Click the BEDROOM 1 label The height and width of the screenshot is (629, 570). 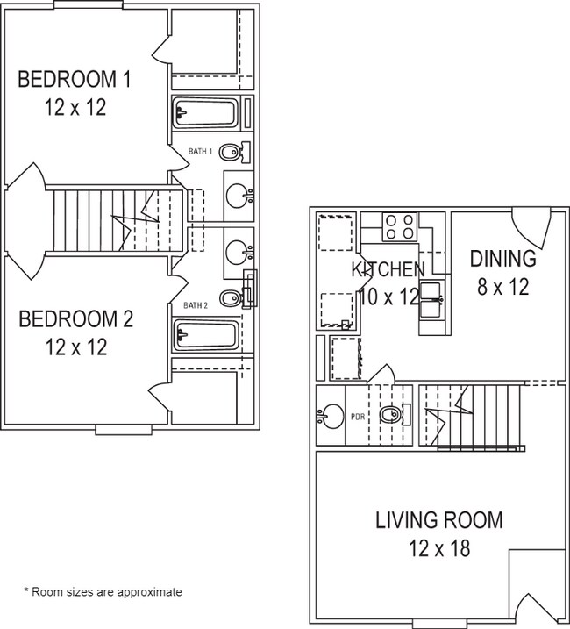[x=75, y=79]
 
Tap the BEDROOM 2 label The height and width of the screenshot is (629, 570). [x=75, y=319]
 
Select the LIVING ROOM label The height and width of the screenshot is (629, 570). [x=439, y=520]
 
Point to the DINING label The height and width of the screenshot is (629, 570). [x=503, y=259]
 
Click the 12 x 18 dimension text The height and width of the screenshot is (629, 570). [x=439, y=548]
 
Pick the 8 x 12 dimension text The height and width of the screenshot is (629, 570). [x=503, y=287]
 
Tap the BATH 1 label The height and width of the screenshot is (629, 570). [x=200, y=152]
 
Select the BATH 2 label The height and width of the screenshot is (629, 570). [x=196, y=305]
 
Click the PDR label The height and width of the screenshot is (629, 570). [x=358, y=418]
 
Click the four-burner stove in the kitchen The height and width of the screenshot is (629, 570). [x=400, y=226]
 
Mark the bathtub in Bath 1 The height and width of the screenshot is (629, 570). [x=205, y=112]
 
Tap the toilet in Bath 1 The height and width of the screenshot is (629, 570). [x=235, y=152]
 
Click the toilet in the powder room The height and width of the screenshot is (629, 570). [x=395, y=414]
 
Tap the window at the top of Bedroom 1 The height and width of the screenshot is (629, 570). [x=89, y=4]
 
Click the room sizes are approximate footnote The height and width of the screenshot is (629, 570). [x=103, y=591]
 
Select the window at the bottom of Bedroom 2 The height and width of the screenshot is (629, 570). [x=124, y=430]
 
